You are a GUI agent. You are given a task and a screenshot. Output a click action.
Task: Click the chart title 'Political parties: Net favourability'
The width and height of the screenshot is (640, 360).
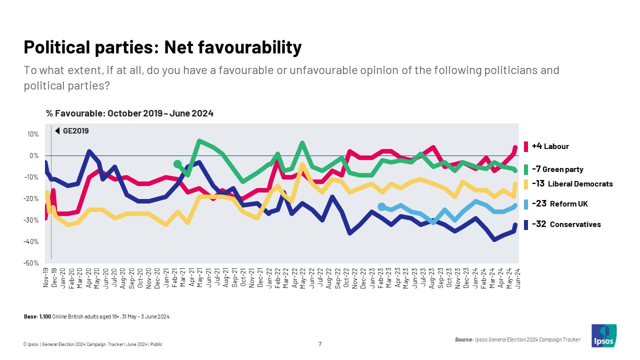(x=162, y=47)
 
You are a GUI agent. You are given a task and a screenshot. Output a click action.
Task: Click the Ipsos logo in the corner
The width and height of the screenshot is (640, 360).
(x=603, y=335)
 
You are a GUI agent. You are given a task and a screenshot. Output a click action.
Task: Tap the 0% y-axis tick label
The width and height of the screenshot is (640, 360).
(x=34, y=155)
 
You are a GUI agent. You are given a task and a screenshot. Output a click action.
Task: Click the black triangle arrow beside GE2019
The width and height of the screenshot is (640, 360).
(x=58, y=131)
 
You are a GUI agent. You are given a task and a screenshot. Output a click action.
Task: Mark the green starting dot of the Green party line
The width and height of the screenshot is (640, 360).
(x=177, y=164)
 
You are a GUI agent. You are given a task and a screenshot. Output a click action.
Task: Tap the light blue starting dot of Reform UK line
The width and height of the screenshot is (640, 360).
(x=381, y=206)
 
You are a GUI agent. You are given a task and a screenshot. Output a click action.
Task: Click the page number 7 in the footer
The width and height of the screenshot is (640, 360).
(x=320, y=343)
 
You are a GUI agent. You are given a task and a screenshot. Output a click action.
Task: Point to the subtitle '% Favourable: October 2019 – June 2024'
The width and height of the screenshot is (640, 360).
(x=129, y=113)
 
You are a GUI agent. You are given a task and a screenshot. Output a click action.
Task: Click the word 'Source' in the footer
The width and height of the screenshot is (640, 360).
(x=463, y=339)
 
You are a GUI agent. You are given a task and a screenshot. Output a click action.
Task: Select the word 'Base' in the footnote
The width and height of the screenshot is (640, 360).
(x=30, y=317)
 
